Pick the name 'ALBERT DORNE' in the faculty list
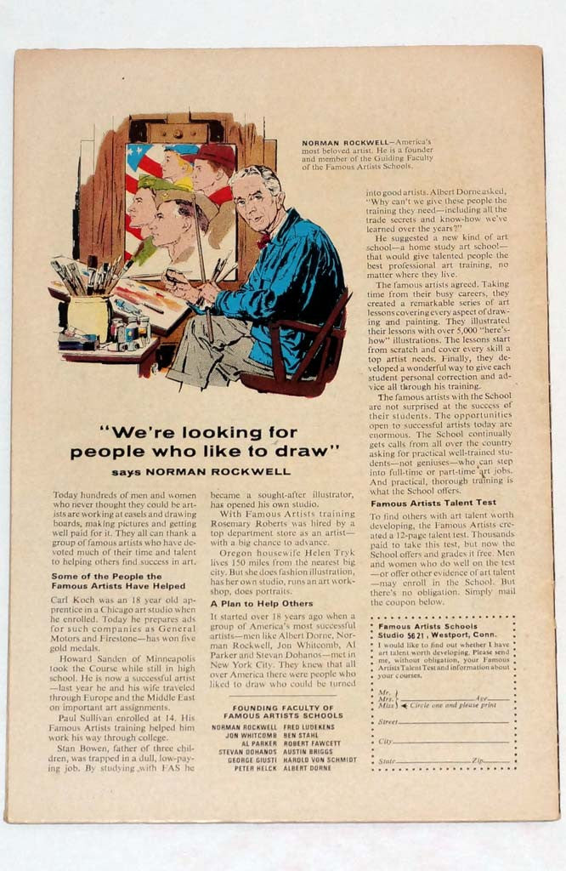click(x=308, y=767)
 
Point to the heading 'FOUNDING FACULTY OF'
click(x=284, y=707)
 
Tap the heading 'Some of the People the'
click(x=108, y=576)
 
